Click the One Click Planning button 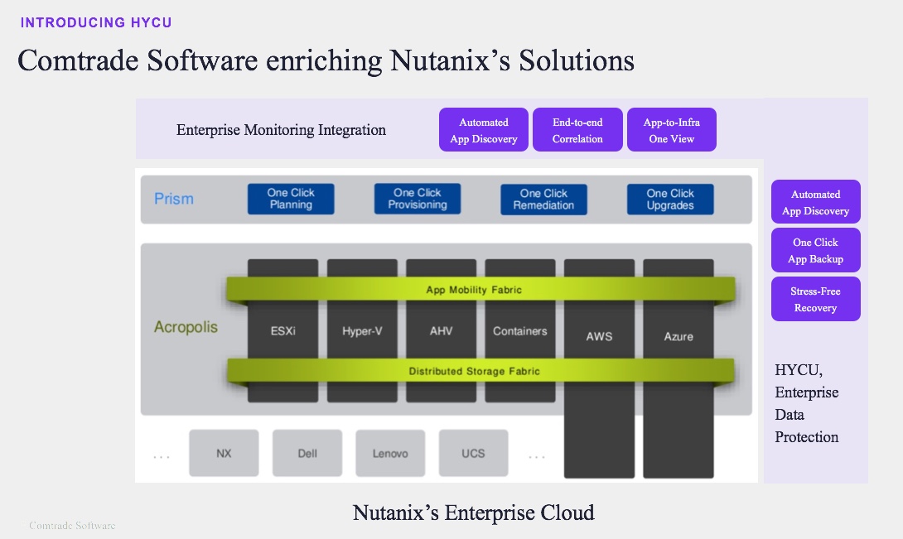point(291,199)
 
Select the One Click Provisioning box point(418,199)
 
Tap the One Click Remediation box point(543,199)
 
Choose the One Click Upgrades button point(670,199)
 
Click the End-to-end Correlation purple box point(577,130)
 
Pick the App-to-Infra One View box point(671,130)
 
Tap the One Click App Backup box point(815,250)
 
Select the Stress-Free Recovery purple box point(815,299)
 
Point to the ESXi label point(282,331)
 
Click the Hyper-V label point(362,331)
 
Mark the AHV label point(441,331)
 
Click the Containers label point(520,331)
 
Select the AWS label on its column point(599,337)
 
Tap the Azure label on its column point(678,337)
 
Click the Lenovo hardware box point(390,453)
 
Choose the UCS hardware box point(473,453)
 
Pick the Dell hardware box point(307,453)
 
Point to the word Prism point(174,199)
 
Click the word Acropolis point(186,327)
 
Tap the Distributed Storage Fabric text point(474,371)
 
